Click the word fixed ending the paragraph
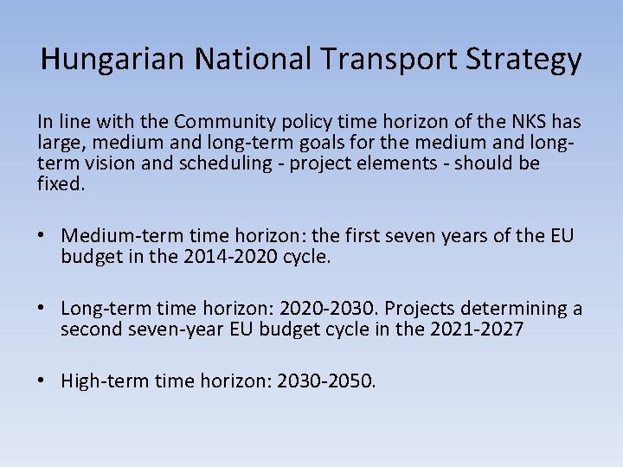point(61,183)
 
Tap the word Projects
point(420,309)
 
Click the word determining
point(515,309)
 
